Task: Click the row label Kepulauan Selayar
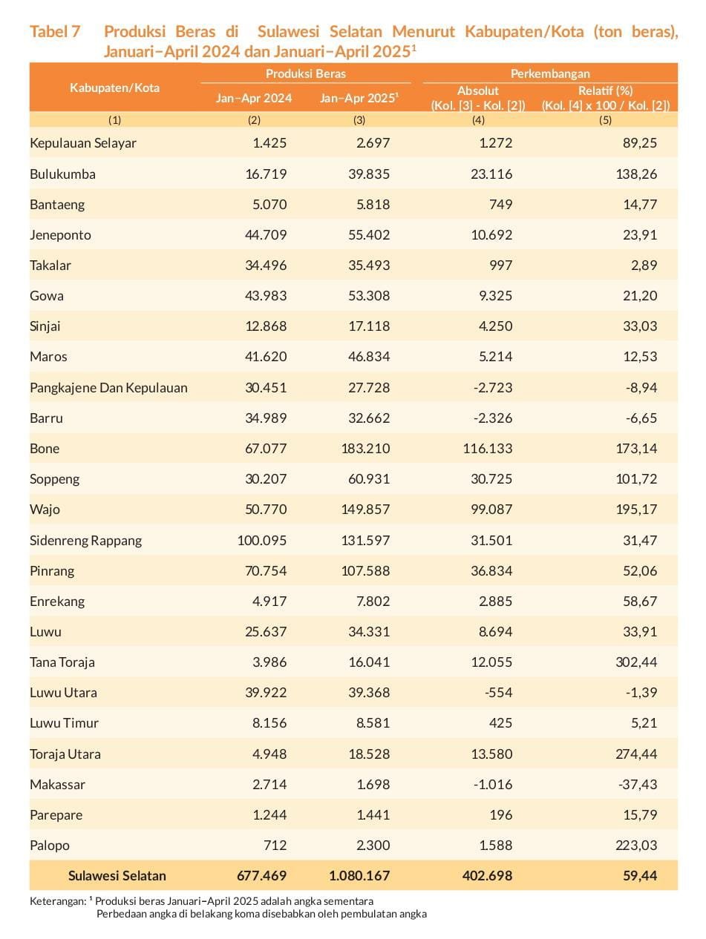(83, 143)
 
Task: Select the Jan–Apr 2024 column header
(254, 98)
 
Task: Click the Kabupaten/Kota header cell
(114, 88)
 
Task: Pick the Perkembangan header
(550, 73)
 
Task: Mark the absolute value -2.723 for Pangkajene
(493, 388)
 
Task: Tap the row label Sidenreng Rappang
(85, 541)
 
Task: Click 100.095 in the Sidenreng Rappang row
(262, 541)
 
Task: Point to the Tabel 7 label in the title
(55, 32)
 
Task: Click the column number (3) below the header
(359, 120)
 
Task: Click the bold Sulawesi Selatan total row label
(117, 876)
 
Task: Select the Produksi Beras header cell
(306, 73)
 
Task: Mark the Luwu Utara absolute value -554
(497, 693)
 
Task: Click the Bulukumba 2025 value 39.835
(369, 174)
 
